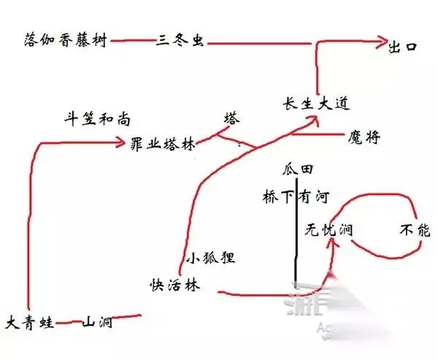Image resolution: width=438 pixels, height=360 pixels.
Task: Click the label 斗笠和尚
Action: click(x=93, y=117)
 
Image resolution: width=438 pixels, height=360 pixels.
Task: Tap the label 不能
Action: click(x=415, y=230)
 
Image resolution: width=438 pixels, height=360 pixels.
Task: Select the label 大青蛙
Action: click(x=30, y=322)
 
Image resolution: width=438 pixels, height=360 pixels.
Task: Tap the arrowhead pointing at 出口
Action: click(x=381, y=44)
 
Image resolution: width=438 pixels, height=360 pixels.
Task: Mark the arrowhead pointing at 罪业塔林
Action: click(x=122, y=143)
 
